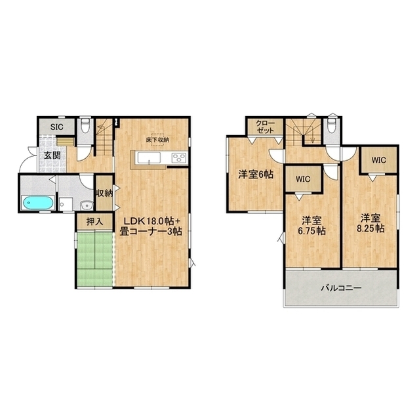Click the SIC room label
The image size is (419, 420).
point(57,127)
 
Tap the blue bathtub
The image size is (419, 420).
point(37,203)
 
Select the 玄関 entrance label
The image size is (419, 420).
point(52,156)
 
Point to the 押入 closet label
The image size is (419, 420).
point(94,222)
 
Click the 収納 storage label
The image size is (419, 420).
point(104,193)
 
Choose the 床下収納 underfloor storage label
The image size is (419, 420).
point(157,140)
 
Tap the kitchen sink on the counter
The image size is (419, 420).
point(149,157)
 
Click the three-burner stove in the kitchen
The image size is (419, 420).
point(179,157)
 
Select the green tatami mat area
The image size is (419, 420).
point(94,259)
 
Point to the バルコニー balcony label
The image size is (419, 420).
point(342,288)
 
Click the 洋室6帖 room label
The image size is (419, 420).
point(256,175)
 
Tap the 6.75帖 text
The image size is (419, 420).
point(311,231)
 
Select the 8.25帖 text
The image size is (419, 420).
point(370,228)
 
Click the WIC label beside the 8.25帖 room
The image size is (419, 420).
point(378,160)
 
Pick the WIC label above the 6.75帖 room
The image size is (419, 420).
point(303,179)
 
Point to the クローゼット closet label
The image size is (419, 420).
point(265,127)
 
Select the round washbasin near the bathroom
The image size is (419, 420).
point(87,205)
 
